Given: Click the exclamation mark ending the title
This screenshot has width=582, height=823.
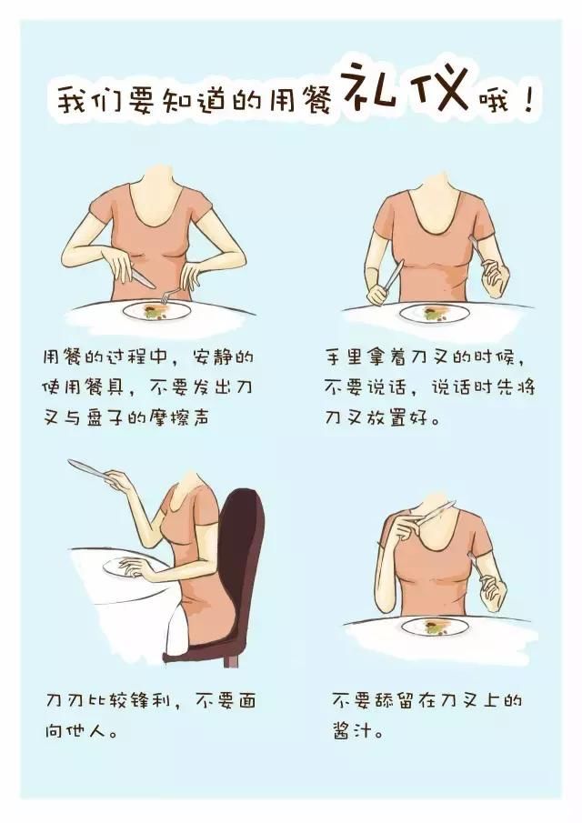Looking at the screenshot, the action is [528, 99].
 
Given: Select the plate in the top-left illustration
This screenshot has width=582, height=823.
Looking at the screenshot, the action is [157, 311].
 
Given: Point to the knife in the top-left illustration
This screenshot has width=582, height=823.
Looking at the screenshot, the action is [141, 277].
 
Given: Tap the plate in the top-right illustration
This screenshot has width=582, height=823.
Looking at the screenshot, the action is [434, 314].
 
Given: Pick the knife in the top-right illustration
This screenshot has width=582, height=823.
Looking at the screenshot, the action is [393, 275].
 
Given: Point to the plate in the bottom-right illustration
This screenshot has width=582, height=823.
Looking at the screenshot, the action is [435, 627].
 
